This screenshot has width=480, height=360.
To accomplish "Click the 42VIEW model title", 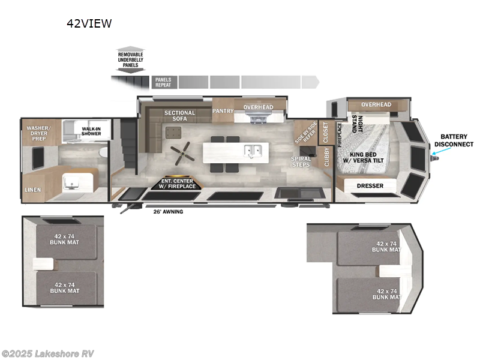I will [88, 24].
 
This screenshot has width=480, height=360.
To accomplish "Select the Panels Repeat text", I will [163, 82].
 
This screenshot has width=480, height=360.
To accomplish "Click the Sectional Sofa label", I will [180, 116].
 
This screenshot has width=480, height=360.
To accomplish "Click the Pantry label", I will [223, 111].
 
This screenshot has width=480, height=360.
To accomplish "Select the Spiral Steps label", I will [301, 162].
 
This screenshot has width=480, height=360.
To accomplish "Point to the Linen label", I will [33, 190].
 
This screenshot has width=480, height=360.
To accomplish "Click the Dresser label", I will [370, 186].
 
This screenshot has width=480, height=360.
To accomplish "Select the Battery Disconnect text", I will [453, 140].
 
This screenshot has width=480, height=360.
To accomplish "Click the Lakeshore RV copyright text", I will [48, 353].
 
